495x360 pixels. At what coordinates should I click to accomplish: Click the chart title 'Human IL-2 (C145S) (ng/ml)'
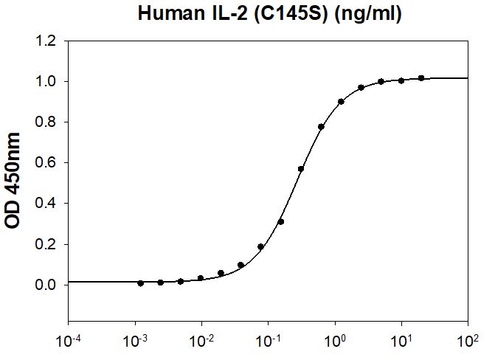tap(269, 14)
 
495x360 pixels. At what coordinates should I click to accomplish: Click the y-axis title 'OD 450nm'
tap(14, 180)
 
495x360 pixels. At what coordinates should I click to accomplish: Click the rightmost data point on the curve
tap(421, 77)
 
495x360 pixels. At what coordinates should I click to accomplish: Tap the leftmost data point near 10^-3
tap(140, 283)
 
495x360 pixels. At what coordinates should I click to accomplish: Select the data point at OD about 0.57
tap(301, 169)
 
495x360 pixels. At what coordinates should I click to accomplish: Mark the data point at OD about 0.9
tap(341, 102)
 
